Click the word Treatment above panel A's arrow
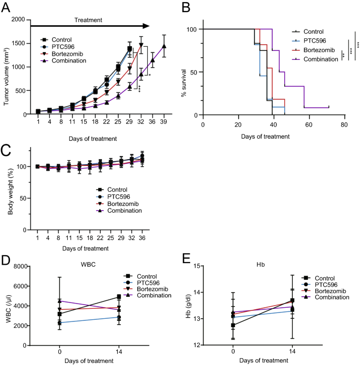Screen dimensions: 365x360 point(88,20)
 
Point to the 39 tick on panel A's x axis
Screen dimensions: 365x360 point(164,123)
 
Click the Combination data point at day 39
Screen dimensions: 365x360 point(164,46)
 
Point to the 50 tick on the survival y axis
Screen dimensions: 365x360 point(197,72)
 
